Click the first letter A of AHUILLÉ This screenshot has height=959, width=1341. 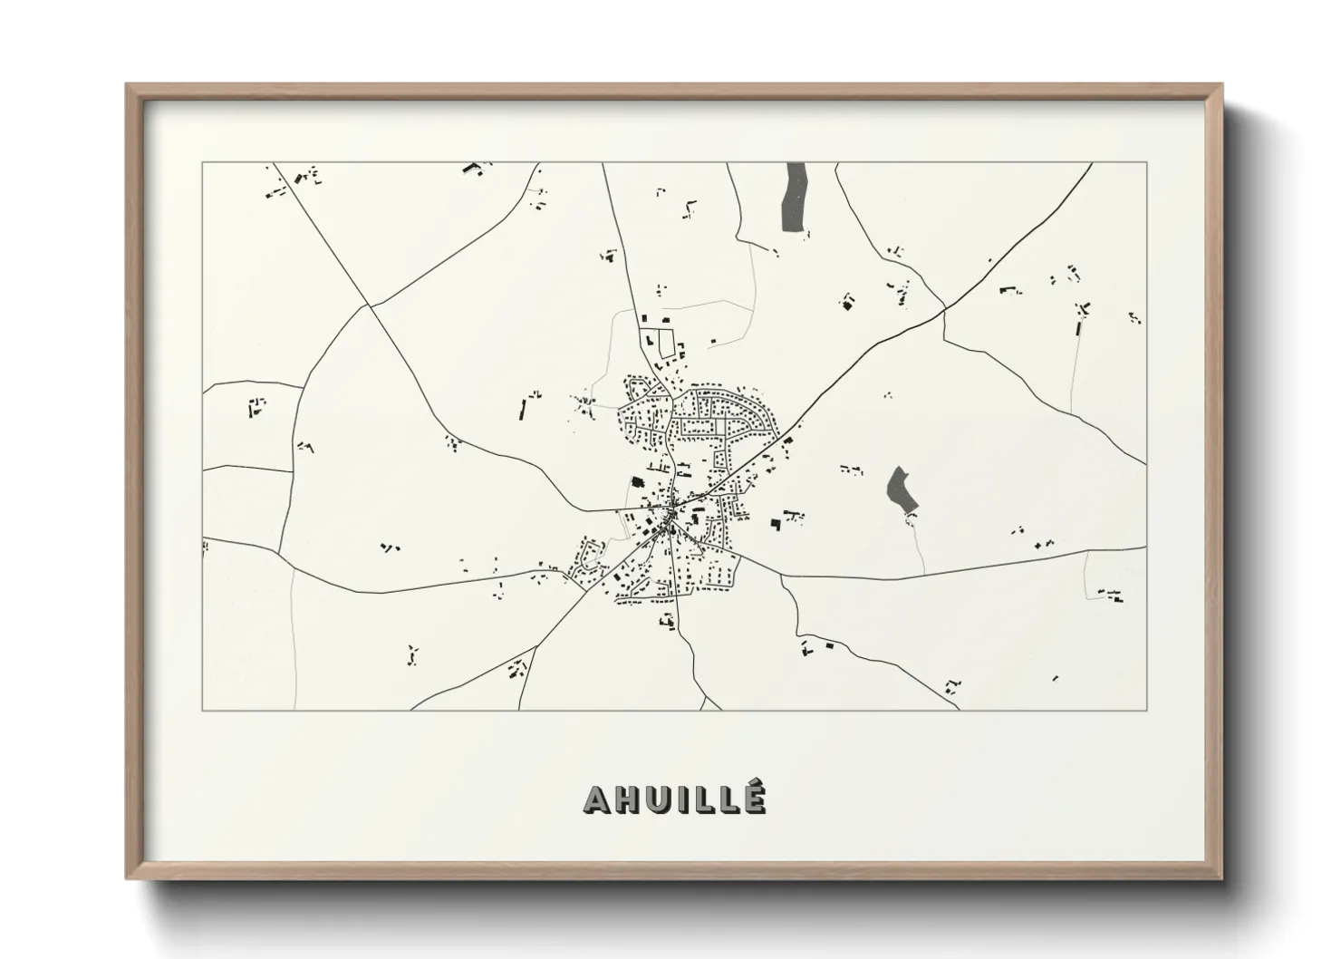[599, 799]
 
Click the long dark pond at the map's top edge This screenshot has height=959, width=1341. [795, 196]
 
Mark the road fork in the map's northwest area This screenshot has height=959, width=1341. [370, 305]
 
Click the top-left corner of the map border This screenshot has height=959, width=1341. [203, 163]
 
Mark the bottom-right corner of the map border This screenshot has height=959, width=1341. [1146, 710]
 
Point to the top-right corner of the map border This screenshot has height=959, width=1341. [1146, 163]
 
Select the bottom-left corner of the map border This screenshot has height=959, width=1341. [203, 710]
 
